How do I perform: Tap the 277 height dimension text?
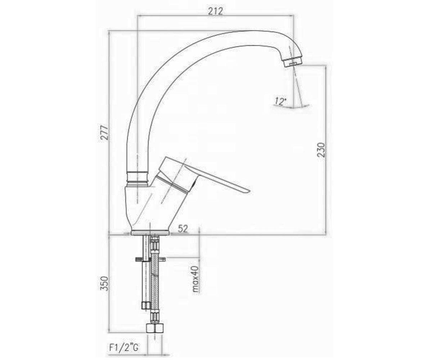coord(104,133)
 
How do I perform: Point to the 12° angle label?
coord(280,102)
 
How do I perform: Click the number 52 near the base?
coord(183,228)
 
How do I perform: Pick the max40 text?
coord(196,279)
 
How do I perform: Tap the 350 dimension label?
coord(104,283)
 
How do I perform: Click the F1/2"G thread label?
coord(124,348)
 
